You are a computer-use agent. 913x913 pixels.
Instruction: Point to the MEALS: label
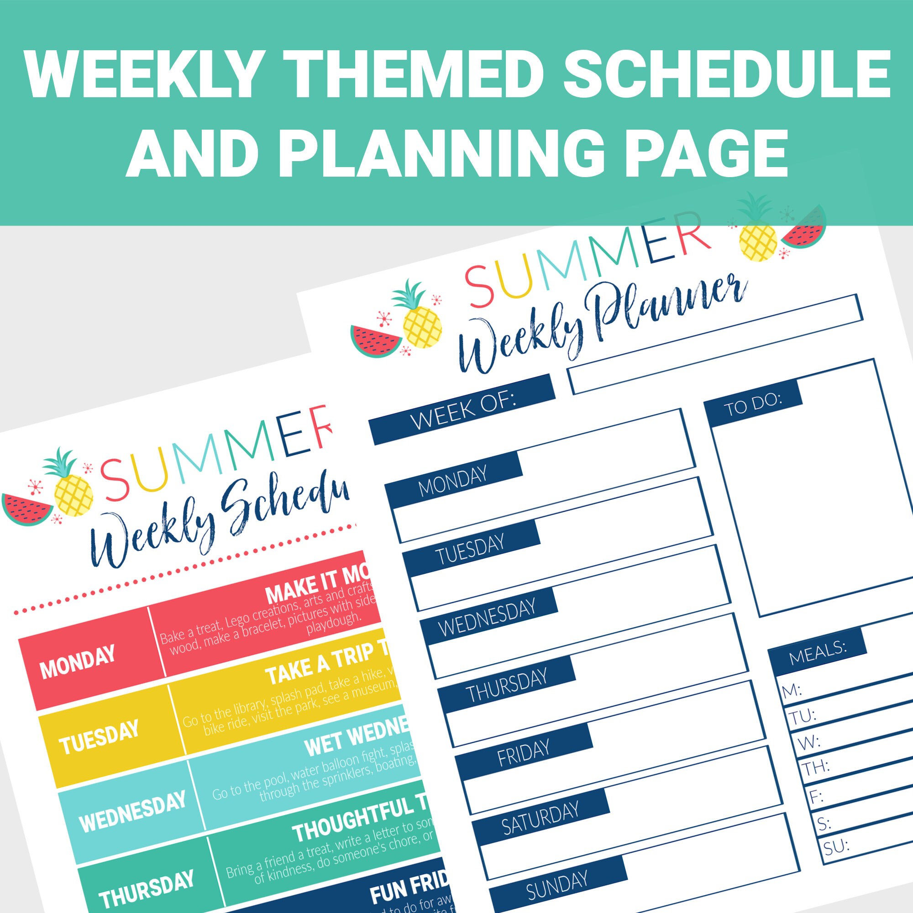[x=817, y=652]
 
